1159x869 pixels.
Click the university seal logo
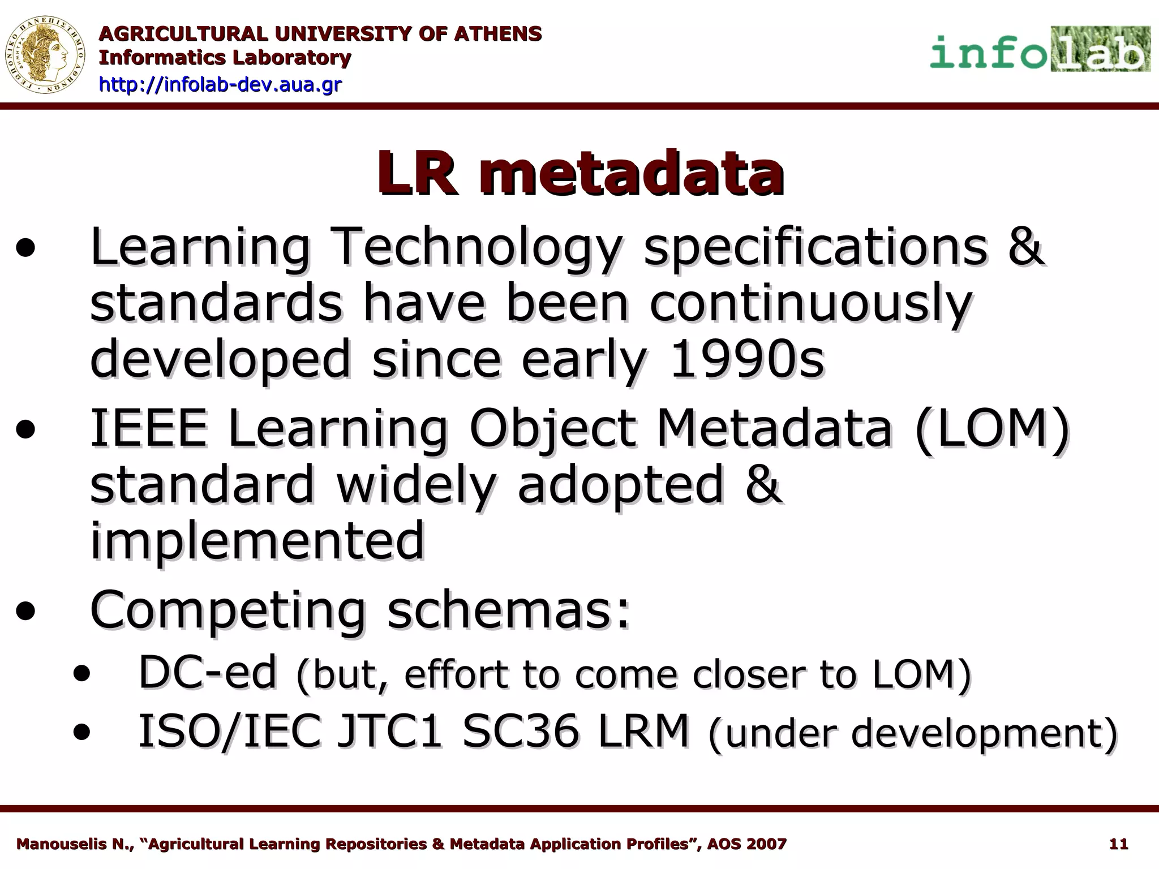click(x=45, y=55)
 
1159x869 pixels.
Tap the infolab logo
click(x=1040, y=50)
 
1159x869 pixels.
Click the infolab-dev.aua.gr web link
click(x=220, y=85)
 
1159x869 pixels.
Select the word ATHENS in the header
click(x=498, y=34)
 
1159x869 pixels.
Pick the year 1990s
click(x=746, y=359)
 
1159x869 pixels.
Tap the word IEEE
click(x=149, y=428)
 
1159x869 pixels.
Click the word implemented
click(x=257, y=540)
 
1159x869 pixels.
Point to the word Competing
click(x=227, y=611)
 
